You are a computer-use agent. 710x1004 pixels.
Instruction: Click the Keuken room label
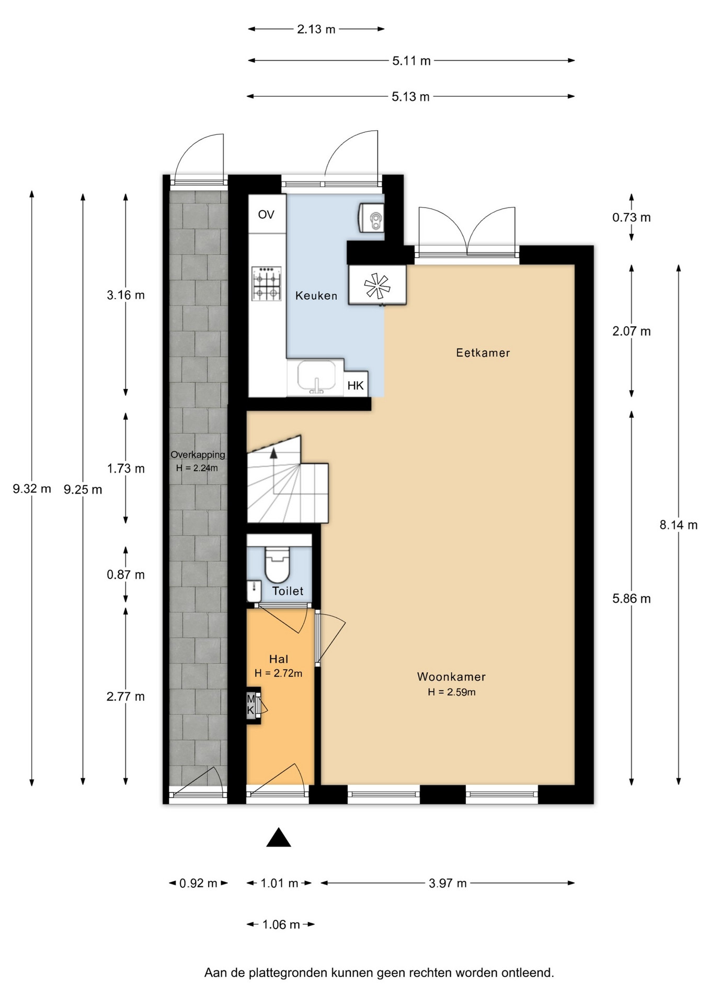click(316, 295)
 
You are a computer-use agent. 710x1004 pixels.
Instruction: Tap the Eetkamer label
click(483, 353)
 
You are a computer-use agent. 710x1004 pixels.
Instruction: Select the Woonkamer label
click(451, 677)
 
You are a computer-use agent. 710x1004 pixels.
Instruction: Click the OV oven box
click(267, 214)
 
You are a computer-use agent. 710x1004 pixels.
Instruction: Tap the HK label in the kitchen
click(356, 386)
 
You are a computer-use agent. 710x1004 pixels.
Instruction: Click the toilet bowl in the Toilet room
click(277, 564)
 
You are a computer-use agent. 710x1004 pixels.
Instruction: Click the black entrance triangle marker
click(279, 838)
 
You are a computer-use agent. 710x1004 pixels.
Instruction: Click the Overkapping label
click(198, 455)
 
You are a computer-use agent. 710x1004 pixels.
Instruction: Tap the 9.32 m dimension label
click(32, 489)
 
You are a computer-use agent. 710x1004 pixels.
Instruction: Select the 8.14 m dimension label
click(679, 525)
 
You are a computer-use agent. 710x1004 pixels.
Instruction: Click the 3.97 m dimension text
click(448, 884)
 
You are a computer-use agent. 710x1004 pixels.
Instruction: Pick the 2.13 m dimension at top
click(316, 29)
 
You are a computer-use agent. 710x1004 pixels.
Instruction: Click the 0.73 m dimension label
click(632, 218)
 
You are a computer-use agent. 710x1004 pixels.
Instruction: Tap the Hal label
click(279, 659)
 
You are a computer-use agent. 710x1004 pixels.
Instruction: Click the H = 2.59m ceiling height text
click(452, 692)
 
